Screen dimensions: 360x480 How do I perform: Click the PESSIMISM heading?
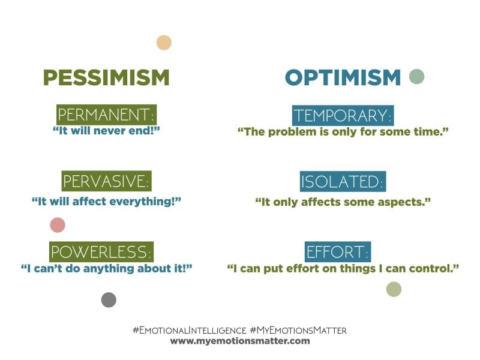point(106,77)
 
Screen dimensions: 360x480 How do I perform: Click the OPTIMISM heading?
point(343,77)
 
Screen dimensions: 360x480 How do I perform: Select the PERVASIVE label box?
point(106,181)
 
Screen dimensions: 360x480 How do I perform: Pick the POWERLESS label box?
point(101,250)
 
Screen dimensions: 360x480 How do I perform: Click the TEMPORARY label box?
point(343,115)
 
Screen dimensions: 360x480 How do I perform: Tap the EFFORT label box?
point(338,251)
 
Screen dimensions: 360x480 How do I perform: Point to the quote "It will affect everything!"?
point(106,201)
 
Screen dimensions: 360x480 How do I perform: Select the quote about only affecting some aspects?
point(343,202)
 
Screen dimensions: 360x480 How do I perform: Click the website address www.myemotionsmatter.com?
point(240,341)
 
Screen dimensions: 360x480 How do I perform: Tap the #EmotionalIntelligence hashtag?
point(190,330)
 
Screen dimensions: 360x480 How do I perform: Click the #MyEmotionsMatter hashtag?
point(298,330)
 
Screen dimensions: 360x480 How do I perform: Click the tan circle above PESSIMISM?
point(164,43)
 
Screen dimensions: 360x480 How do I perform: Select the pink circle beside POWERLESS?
point(57,225)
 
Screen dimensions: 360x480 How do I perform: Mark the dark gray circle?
point(109,300)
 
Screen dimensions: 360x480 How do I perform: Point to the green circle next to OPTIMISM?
point(416,76)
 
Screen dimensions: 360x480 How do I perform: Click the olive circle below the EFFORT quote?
point(394,290)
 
